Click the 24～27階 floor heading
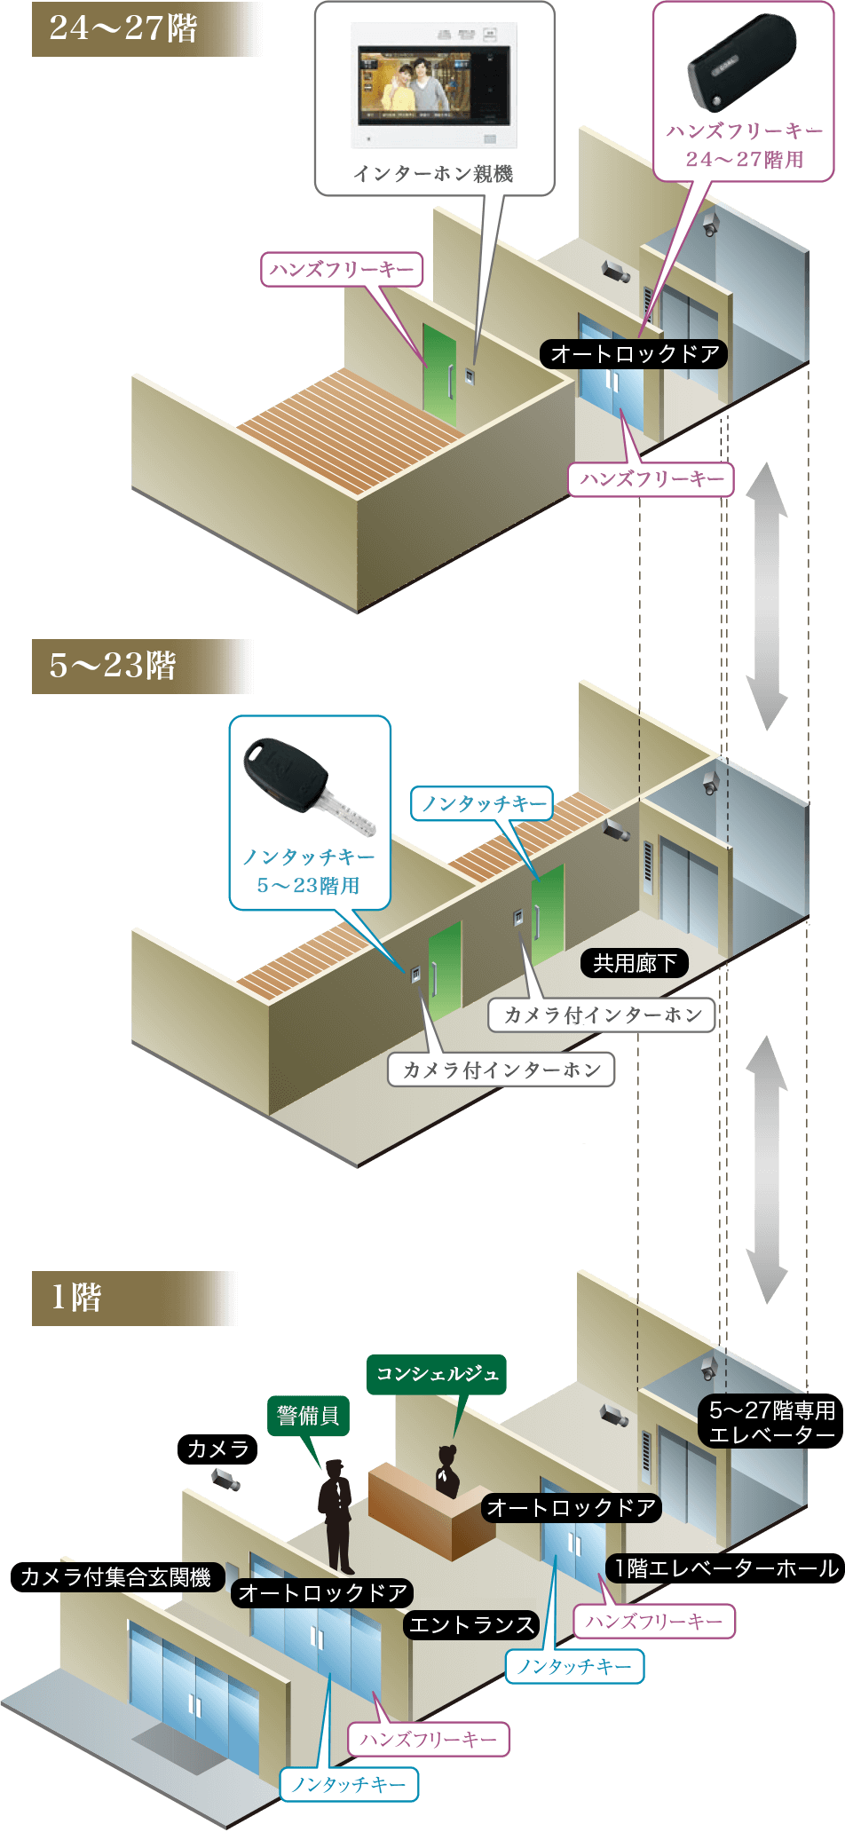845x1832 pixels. tap(123, 28)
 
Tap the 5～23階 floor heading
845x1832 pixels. tap(113, 666)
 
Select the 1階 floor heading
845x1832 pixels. tap(76, 1298)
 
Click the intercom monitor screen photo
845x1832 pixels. tap(433, 85)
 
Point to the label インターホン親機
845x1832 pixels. tap(433, 174)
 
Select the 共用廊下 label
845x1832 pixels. tap(635, 963)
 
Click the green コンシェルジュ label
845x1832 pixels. tap(437, 1374)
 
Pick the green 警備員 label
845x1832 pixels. tap(308, 1415)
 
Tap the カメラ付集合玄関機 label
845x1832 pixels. tap(115, 1576)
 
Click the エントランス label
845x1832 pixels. tap(471, 1625)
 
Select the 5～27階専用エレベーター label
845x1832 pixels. tap(771, 1422)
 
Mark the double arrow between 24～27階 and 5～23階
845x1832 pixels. tap(766, 596)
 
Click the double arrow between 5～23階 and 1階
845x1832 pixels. tap(766, 1169)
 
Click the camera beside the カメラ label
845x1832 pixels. tap(225, 1479)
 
